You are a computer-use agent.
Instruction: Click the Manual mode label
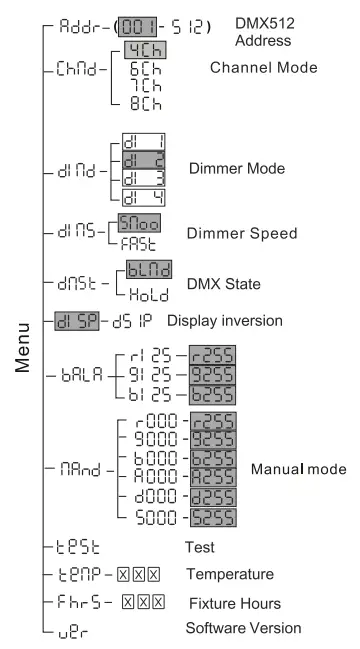point(298,468)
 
